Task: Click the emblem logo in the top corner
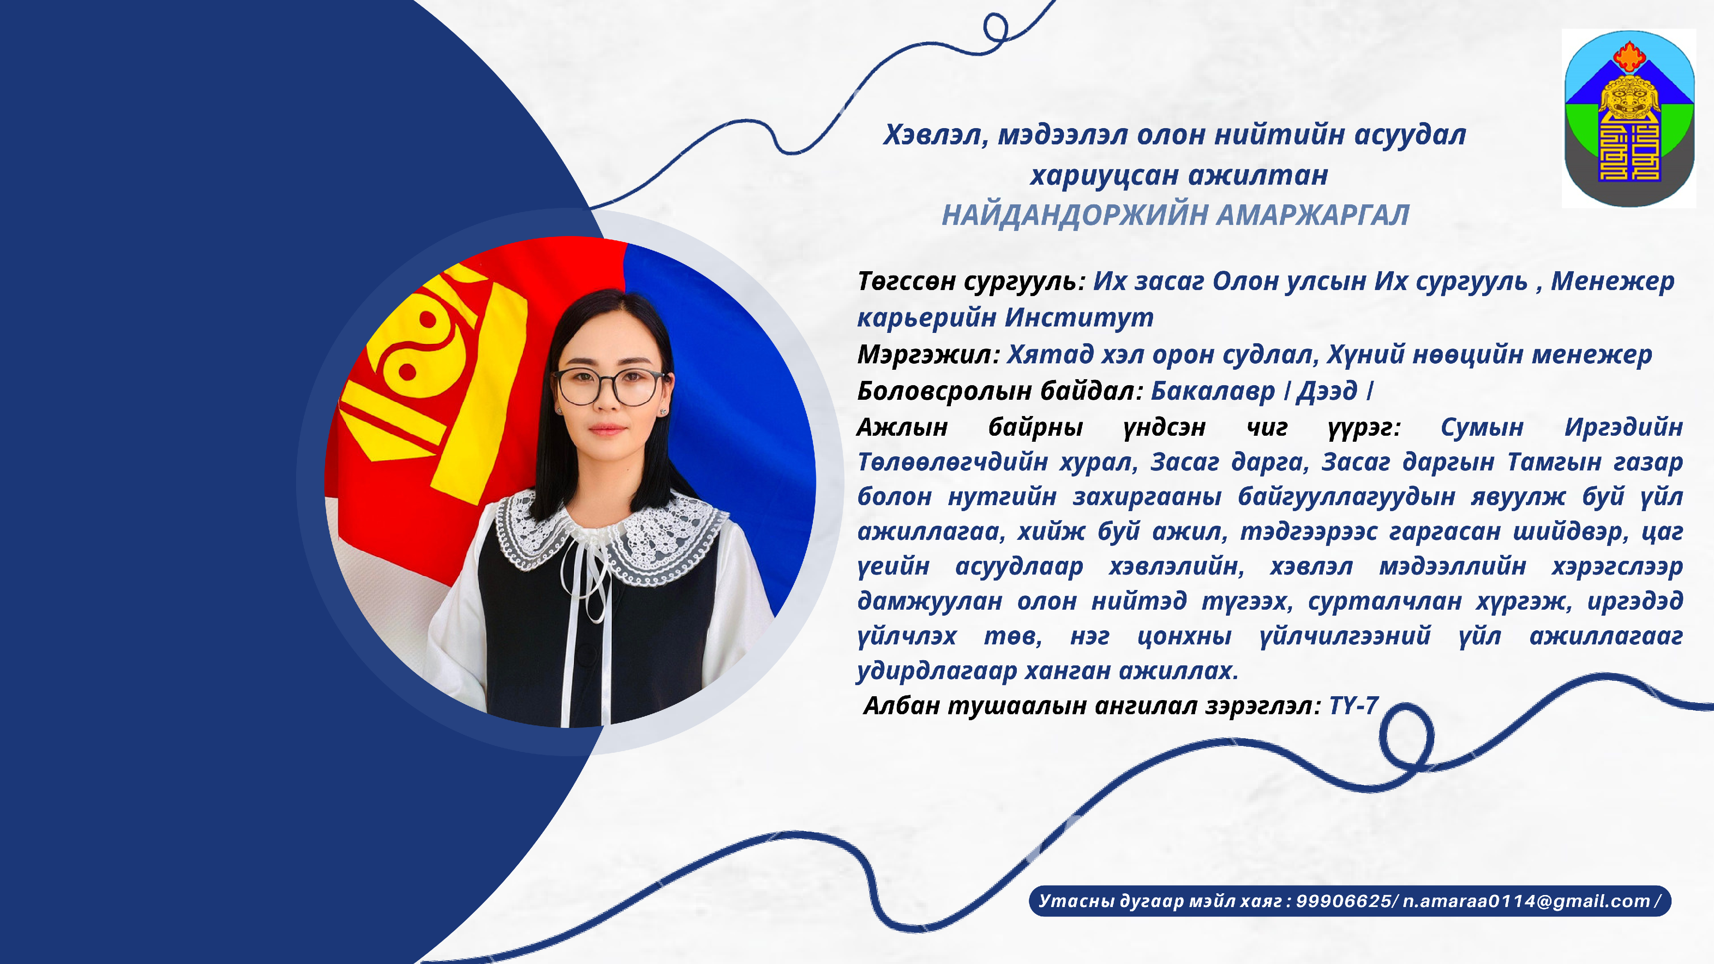1629,118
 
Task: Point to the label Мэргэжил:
928,355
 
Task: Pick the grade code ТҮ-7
1353,705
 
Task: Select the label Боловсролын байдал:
999,391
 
